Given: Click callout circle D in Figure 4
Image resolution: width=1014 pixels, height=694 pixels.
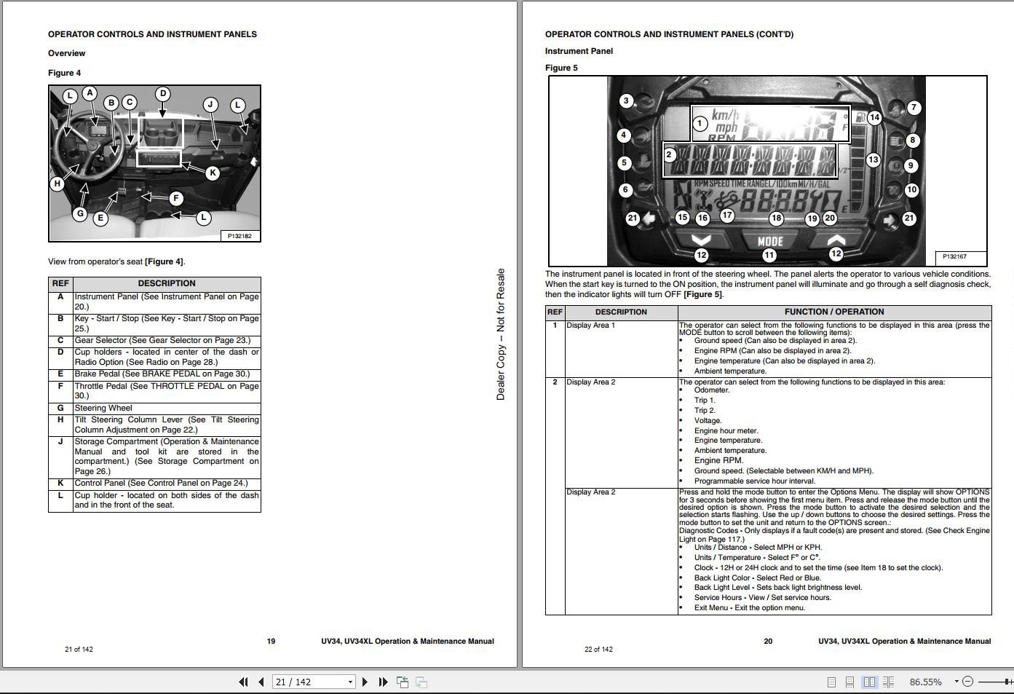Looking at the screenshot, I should [163, 94].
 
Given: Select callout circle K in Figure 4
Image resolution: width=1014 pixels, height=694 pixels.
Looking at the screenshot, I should [212, 173].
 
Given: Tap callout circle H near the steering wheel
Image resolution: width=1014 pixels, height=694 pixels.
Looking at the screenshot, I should [58, 184].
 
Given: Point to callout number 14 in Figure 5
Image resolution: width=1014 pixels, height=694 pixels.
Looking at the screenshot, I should [874, 117].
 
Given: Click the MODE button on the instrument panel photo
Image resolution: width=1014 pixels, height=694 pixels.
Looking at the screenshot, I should [769, 241].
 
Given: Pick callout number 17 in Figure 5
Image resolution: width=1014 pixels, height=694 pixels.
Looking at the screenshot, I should [727, 215].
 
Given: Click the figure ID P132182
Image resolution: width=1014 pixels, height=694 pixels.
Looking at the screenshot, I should [239, 236].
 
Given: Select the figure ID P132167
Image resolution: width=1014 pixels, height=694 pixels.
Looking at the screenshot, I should [954, 256].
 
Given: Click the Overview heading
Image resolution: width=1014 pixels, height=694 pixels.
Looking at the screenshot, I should [66, 53].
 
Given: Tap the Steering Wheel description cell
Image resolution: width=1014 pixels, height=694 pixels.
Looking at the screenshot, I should [166, 408].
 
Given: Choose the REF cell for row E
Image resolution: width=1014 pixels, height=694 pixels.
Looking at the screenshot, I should [60, 374].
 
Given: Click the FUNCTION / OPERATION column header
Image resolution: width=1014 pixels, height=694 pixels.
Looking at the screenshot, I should [834, 312].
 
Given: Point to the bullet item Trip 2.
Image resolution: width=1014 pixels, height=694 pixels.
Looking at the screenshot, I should [705, 410].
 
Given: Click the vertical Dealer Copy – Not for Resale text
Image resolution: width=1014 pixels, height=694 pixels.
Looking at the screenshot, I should [501, 334].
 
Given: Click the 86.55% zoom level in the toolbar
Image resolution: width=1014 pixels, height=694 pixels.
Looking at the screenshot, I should [925, 682].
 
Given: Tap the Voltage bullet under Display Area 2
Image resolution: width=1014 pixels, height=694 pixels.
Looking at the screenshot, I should [708, 420].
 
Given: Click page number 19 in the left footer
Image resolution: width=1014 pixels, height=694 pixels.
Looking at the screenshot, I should [271, 642].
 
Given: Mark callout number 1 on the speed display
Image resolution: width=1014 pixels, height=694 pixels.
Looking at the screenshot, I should [700, 123].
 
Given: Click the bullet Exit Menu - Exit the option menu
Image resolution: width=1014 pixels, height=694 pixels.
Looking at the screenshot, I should [749, 607].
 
